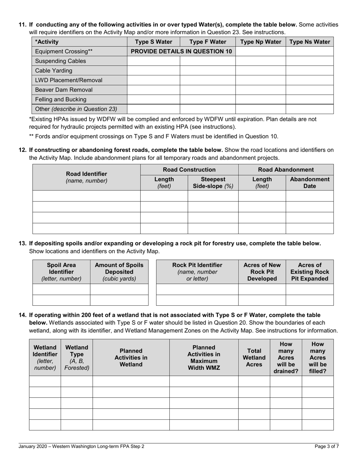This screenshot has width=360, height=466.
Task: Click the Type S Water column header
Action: [x=153, y=42]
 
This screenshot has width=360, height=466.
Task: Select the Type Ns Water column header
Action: [x=309, y=42]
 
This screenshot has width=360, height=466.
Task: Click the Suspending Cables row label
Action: [x=60, y=61]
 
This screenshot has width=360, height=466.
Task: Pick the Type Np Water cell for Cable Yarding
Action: [x=260, y=70]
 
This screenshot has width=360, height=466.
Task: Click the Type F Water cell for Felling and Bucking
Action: [x=207, y=99]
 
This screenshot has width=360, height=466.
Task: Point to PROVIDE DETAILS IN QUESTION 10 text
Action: [x=181, y=52]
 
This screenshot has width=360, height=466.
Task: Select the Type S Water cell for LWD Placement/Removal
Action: [x=153, y=80]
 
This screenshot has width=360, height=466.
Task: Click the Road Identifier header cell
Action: [x=86, y=177]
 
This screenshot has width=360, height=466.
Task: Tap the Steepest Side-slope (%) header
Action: [x=213, y=183]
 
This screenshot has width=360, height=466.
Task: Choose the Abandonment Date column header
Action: [x=309, y=183]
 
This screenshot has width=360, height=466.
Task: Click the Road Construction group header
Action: [x=189, y=170]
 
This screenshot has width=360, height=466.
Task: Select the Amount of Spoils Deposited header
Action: [x=119, y=272]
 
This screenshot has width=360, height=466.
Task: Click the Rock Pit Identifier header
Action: [x=197, y=272]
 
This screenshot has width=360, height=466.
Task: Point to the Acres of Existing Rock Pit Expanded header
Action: [x=309, y=272]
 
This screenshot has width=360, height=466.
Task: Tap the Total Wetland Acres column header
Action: [x=254, y=357]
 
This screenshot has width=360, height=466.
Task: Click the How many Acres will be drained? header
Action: [x=286, y=357]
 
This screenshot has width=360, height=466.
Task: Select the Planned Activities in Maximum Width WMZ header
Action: [x=203, y=357]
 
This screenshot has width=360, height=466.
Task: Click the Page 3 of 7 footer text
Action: [x=327, y=446]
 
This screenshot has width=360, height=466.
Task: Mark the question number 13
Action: [x=23, y=244]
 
